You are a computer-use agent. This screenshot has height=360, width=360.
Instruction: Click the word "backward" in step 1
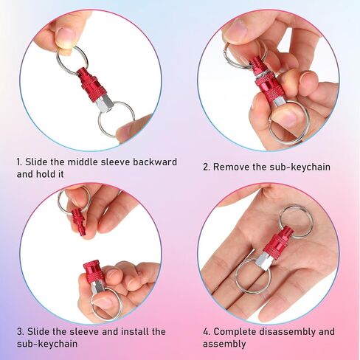(x=155, y=162)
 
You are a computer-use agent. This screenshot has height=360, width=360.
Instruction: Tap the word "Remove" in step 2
(x=231, y=167)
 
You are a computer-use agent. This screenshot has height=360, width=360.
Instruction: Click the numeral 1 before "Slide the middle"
(x=19, y=162)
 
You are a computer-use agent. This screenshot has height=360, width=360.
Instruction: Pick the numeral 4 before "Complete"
(x=206, y=332)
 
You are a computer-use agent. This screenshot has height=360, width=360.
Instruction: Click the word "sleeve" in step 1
(x=115, y=162)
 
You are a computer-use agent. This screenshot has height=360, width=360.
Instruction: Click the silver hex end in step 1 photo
(x=103, y=104)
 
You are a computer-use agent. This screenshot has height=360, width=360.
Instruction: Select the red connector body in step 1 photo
(x=89, y=84)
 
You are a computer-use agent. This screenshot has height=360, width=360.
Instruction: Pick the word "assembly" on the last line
(x=224, y=344)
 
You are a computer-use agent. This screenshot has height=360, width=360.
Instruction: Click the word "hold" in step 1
(x=46, y=174)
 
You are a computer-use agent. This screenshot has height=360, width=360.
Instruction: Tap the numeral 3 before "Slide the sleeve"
(x=20, y=332)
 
